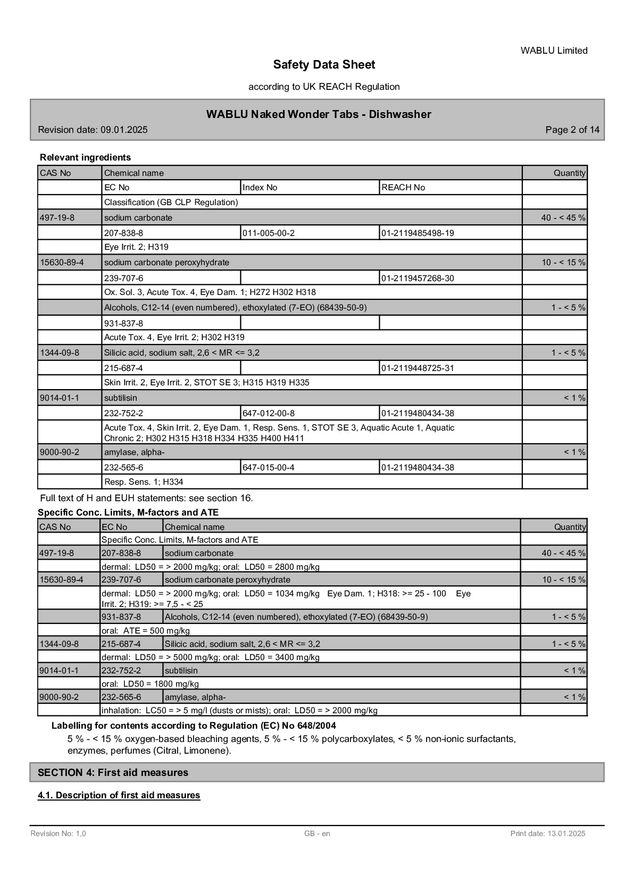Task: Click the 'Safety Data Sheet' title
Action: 324,65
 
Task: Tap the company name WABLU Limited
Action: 554,50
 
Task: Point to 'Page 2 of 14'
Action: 572,130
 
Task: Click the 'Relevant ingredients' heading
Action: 85,157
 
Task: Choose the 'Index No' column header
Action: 260,188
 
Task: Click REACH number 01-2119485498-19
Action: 418,233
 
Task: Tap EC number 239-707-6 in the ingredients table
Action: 124,278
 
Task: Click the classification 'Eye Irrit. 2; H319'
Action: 136,247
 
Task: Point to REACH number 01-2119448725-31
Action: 418,368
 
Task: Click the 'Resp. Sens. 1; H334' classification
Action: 144,482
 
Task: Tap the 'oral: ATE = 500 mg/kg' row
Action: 145,631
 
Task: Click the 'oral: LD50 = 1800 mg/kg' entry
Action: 150,684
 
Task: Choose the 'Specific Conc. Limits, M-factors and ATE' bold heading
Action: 128,512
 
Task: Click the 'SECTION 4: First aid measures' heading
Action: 113,772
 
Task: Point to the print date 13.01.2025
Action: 548,833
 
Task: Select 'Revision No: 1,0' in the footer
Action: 58,833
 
